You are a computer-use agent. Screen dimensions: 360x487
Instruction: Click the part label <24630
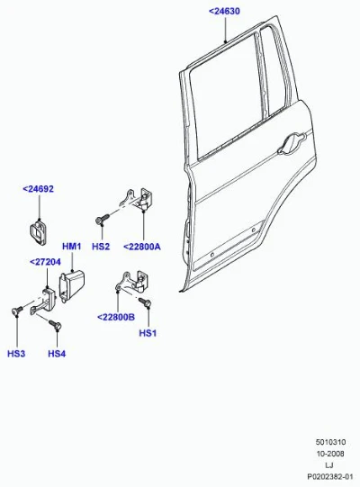(x=224, y=11)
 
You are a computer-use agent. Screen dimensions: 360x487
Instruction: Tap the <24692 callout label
(x=38, y=189)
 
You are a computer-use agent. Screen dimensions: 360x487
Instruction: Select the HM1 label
(x=72, y=247)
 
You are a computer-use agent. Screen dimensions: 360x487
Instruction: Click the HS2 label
(x=101, y=247)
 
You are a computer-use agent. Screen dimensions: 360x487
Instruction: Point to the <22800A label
(x=142, y=247)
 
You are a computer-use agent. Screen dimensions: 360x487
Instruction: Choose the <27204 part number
(x=45, y=262)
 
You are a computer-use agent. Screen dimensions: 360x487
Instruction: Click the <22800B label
(x=116, y=317)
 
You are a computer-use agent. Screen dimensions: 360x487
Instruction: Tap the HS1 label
(x=148, y=333)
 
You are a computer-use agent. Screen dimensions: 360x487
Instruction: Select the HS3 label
(x=16, y=354)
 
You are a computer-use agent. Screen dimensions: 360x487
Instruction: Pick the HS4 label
(x=57, y=354)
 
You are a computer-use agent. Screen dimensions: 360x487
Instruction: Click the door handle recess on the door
(x=291, y=144)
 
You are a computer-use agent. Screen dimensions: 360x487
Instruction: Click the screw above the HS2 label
(x=102, y=219)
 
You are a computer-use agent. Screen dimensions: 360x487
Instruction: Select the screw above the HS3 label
(x=17, y=310)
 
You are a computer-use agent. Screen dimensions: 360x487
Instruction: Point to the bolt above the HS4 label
(x=55, y=325)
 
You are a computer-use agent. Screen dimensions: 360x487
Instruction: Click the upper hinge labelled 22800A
(x=138, y=200)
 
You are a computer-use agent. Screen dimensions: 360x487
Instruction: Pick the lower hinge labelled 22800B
(x=131, y=283)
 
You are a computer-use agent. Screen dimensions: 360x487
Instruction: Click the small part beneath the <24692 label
(x=39, y=231)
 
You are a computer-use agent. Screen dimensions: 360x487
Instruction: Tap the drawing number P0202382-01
(x=330, y=476)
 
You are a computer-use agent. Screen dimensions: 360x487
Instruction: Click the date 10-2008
(x=330, y=454)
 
